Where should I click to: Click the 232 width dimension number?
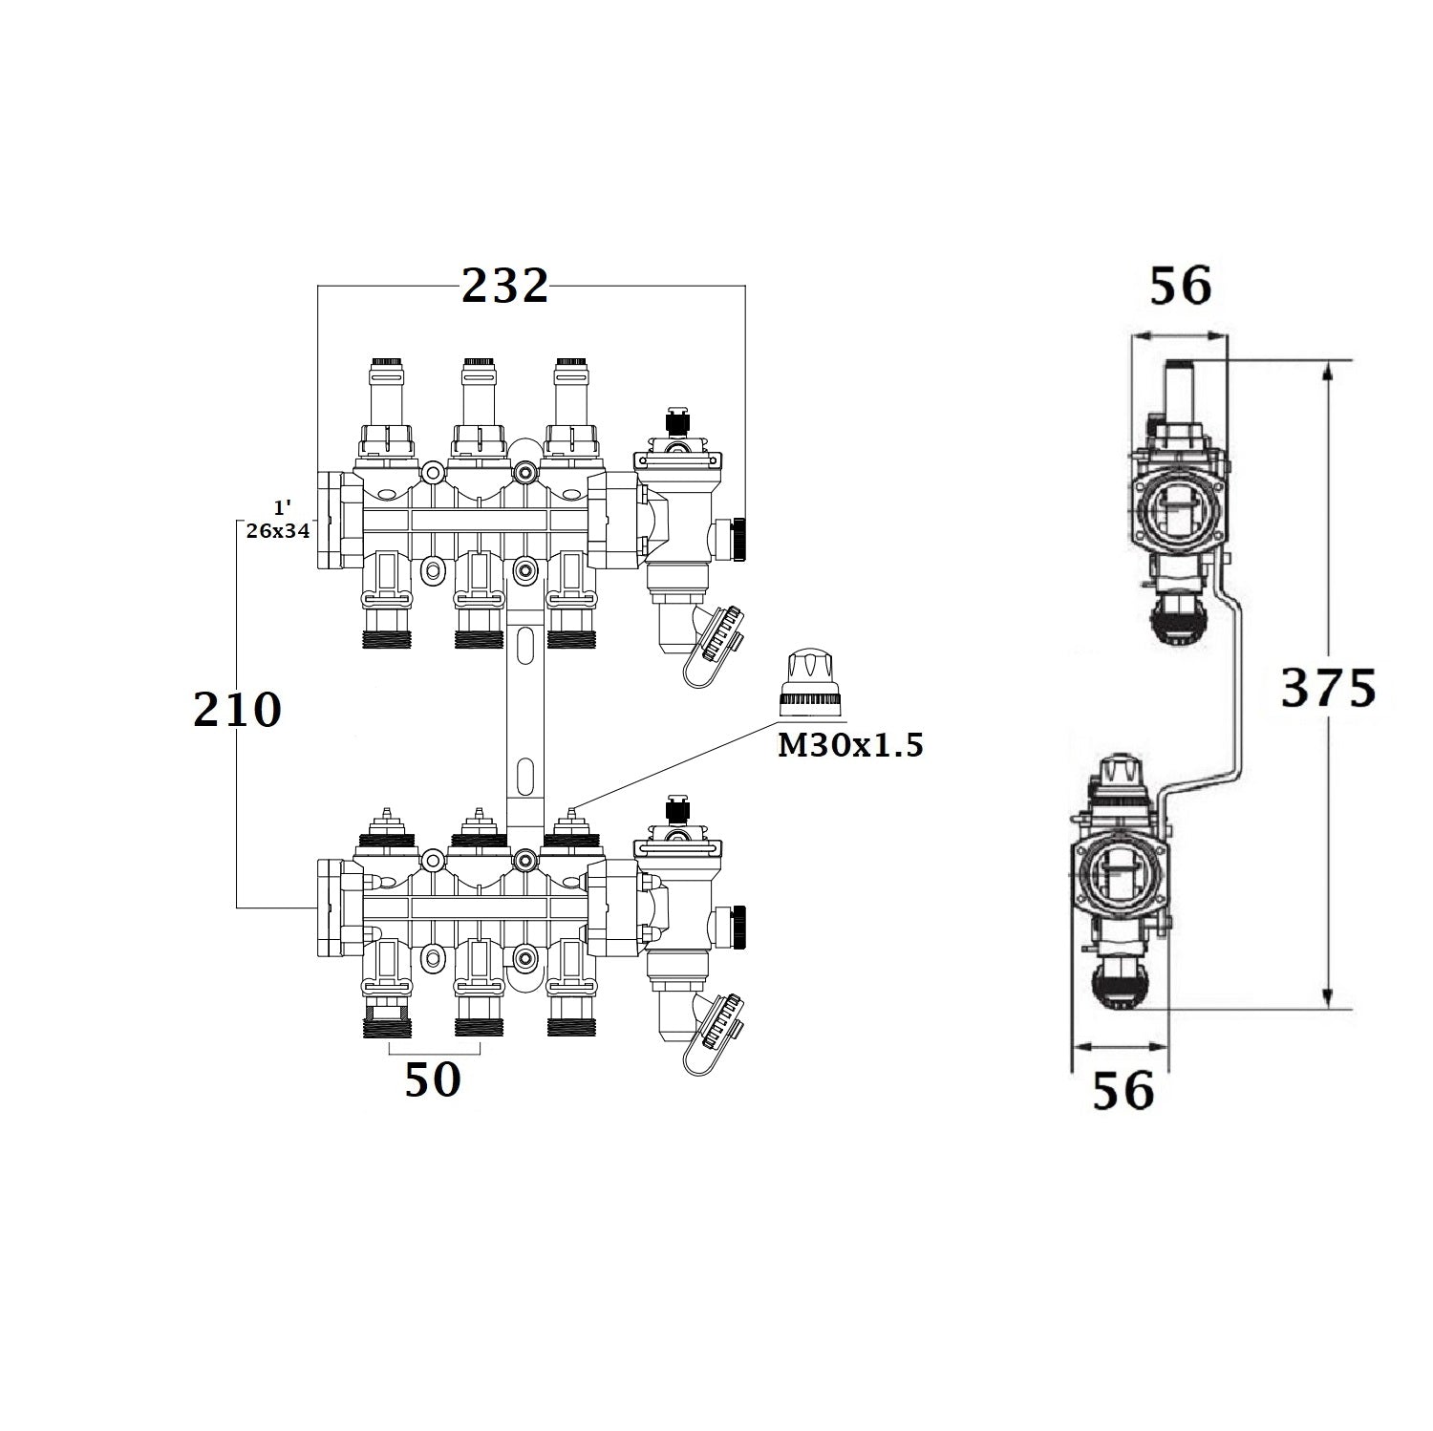point(504,286)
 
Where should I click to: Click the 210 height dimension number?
point(237,709)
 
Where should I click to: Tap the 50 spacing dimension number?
point(433,1080)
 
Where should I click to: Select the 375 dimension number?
point(1328,688)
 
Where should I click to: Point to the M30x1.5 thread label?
point(850,745)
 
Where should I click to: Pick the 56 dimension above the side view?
point(1180,286)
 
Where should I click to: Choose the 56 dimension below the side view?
point(1123,1090)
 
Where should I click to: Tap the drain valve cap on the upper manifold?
point(721,636)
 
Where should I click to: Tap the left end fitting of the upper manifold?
point(332,522)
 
